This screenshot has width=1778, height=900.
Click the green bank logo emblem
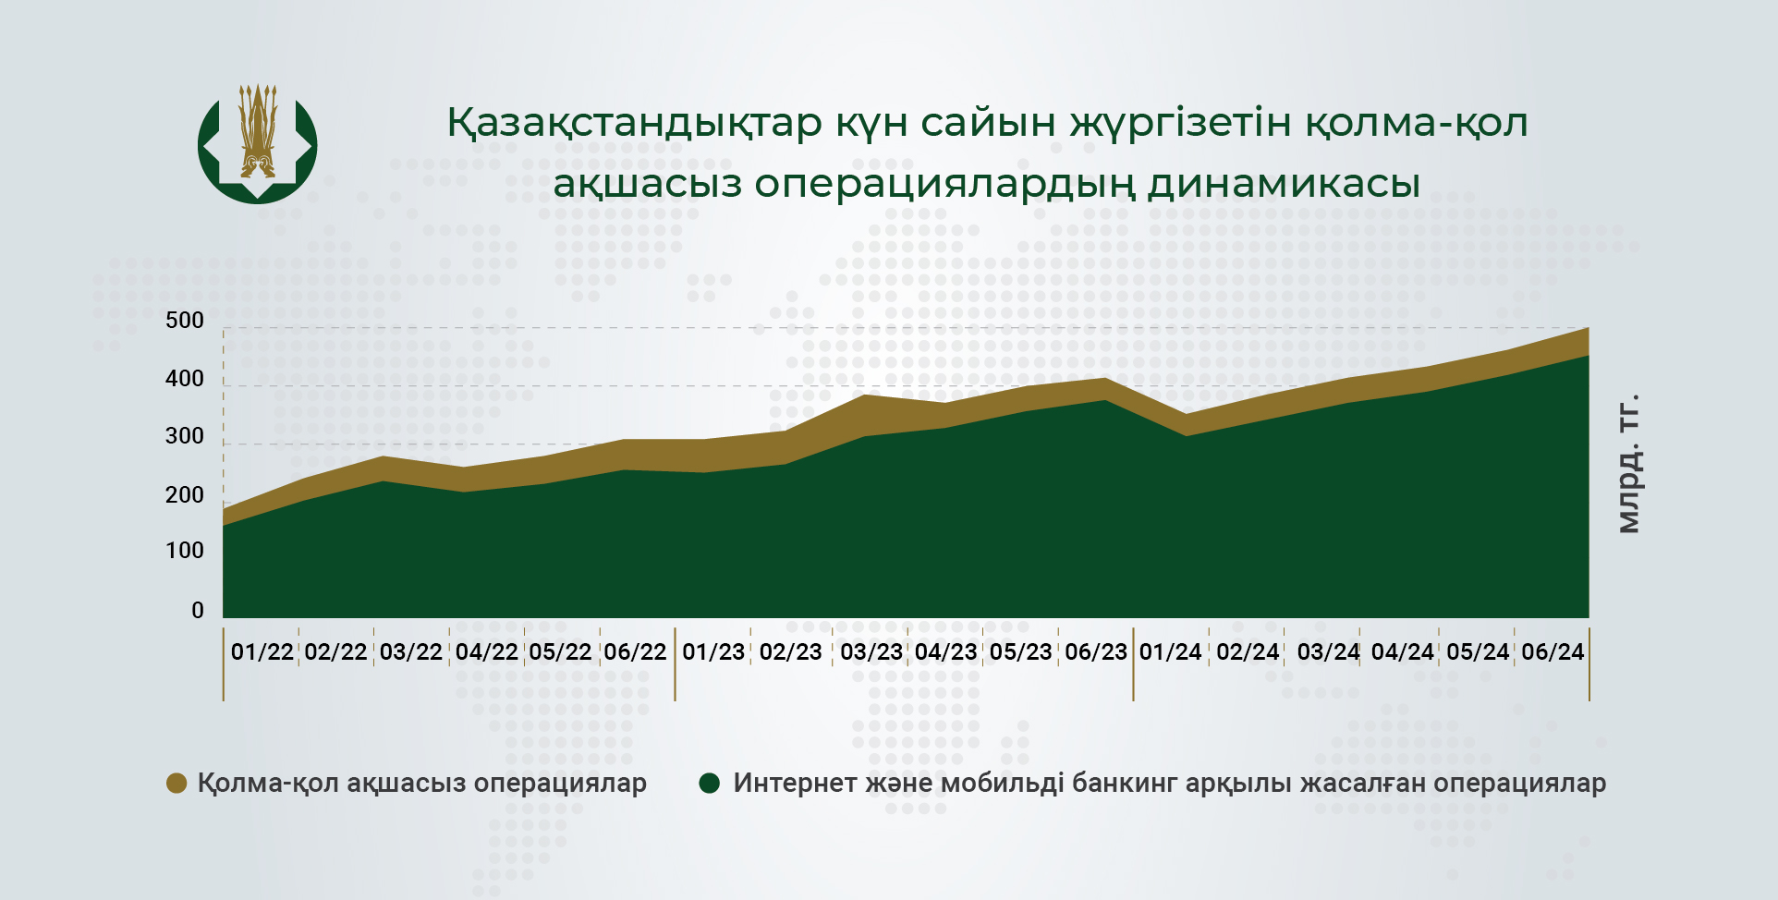pos(258,144)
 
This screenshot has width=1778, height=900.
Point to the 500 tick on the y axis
pos(185,321)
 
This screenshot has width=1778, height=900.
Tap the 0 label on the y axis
pos(198,610)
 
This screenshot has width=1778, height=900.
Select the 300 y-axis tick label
pos(185,436)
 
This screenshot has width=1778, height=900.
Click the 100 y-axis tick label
pos(185,551)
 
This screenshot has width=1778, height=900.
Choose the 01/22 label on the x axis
pos(262,651)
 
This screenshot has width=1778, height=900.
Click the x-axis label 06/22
pos(635,651)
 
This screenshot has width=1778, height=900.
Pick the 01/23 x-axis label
pos(713,651)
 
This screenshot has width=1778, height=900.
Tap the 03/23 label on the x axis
pos(871,651)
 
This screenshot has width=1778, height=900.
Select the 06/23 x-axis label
pos(1096,651)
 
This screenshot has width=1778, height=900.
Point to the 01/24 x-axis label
pos(1171,651)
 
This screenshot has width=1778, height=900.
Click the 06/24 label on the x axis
pos(1553,651)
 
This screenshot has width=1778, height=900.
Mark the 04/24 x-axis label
pos(1403,651)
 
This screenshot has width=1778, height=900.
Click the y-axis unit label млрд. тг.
pos(1628,464)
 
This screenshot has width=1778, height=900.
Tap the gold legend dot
pos(177,784)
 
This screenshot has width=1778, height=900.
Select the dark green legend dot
pos(710,784)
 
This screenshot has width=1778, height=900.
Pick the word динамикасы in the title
pos(1284,183)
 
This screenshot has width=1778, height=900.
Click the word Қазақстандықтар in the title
pos(635,122)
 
